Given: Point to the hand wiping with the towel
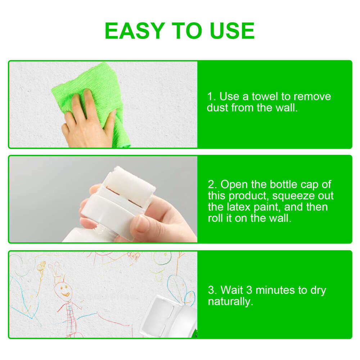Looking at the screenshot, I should click(x=86, y=122).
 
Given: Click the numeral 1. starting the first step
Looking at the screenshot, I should click(x=211, y=96).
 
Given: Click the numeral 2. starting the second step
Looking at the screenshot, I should click(x=212, y=185).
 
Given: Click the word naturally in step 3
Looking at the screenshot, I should click(x=230, y=301).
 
